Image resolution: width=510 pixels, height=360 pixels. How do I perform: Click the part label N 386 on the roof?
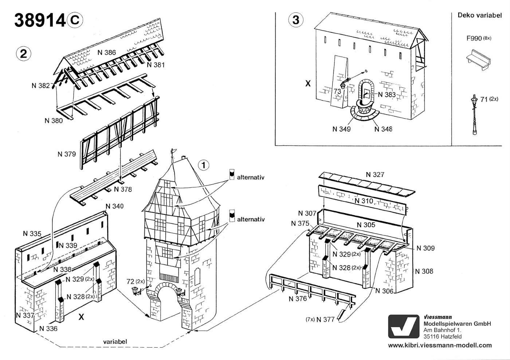pos(106,52)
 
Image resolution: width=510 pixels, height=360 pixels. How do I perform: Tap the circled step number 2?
pos(23,54)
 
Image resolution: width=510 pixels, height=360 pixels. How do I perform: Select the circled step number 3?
pos(296,20)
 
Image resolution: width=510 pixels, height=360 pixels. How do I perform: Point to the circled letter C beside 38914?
pos(75,20)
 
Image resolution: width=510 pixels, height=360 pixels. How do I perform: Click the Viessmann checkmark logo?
pos(404,327)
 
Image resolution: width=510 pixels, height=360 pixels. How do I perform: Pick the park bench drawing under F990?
pos(478,60)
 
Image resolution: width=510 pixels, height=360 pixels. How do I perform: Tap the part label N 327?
pos(375,174)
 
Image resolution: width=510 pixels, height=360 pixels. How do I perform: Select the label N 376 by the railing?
pos(298,299)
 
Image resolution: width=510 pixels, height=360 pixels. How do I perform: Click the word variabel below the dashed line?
pos(115,341)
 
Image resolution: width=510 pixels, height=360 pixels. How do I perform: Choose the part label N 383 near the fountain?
pos(387,94)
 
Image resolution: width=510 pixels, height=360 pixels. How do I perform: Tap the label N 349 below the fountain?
pos(342,129)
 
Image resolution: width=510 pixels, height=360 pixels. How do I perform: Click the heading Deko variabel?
pos(480,15)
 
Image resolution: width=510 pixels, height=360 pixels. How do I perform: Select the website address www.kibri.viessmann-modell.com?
pos(440,345)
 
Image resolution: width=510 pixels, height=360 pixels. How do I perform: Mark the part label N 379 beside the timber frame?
pos(66,154)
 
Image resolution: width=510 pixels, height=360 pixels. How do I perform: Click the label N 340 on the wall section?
pos(114,206)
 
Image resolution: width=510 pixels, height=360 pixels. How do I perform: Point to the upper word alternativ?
pos(251,177)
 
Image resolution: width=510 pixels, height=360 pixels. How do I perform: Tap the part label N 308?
pos(424,271)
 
